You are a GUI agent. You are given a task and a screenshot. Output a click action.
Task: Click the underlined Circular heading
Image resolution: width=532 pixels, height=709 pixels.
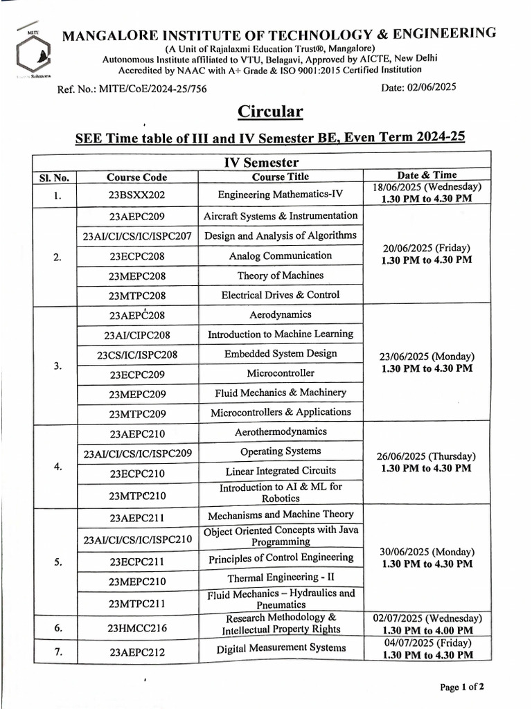(270, 111)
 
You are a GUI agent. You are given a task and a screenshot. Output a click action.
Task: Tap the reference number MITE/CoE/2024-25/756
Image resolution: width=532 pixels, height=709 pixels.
(132, 89)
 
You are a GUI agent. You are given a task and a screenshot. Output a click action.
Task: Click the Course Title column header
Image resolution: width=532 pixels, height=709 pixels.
(281, 177)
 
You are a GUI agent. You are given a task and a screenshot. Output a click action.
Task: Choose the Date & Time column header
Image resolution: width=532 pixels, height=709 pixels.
(427, 175)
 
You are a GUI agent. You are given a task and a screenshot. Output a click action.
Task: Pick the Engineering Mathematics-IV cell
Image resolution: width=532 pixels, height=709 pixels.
(281, 195)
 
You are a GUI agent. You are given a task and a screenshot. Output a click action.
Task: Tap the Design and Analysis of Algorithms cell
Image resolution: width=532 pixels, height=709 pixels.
(281, 235)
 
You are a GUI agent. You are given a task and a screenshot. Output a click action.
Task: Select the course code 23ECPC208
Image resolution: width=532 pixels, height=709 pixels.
(137, 256)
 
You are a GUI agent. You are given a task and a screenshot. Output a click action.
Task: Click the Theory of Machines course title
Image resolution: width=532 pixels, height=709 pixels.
(281, 276)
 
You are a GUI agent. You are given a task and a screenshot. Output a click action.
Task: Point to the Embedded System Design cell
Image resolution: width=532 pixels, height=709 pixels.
(281, 354)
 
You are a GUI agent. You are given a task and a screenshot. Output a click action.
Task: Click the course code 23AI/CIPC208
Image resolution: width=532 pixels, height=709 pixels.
(137, 335)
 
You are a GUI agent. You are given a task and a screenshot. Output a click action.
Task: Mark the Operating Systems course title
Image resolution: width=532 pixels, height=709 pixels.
(281, 451)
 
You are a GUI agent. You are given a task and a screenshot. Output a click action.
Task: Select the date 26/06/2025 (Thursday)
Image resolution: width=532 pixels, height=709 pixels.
(427, 456)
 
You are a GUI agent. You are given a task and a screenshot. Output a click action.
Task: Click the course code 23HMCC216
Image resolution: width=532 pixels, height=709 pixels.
(137, 628)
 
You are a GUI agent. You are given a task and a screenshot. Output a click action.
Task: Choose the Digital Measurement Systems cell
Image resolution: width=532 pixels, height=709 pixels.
(281, 648)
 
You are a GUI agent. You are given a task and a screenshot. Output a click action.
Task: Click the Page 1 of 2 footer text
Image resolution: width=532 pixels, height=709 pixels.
(461, 687)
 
